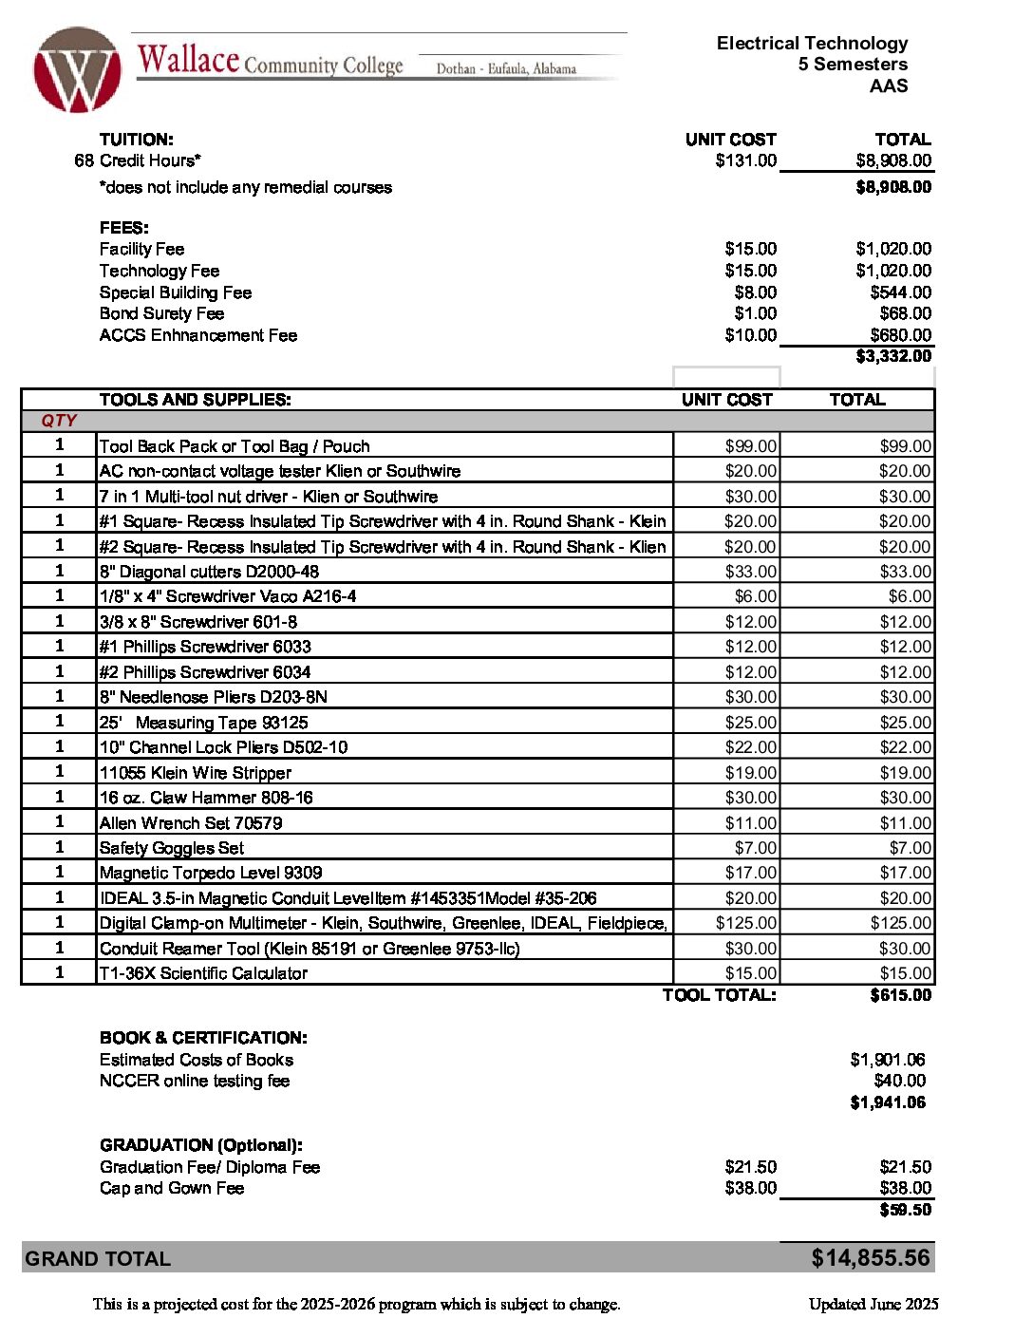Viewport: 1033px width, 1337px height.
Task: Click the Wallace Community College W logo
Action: pyautogui.click(x=77, y=70)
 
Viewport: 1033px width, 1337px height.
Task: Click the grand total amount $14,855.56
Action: pyautogui.click(x=870, y=1258)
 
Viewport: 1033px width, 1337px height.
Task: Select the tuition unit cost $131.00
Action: pyautogui.click(x=745, y=160)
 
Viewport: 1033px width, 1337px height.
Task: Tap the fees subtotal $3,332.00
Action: pyautogui.click(x=893, y=356)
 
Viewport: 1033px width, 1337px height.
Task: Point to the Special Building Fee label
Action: pyautogui.click(x=176, y=292)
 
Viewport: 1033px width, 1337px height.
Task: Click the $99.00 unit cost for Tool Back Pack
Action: pyautogui.click(x=750, y=446)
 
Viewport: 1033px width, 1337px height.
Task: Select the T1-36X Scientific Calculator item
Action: pyautogui.click(x=203, y=973)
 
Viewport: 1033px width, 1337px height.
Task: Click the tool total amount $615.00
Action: pyautogui.click(x=900, y=995)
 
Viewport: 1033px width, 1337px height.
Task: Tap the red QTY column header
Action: pyautogui.click(x=59, y=421)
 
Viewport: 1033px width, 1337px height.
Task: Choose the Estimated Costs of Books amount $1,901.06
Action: pyautogui.click(x=887, y=1060)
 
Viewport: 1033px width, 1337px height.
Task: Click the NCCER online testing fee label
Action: pyautogui.click(x=195, y=1081)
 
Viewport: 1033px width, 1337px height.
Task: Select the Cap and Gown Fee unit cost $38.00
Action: pyautogui.click(x=750, y=1188)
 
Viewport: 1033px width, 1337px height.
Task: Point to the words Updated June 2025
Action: pyautogui.click(x=873, y=1304)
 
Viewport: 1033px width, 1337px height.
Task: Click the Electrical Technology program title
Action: pyautogui.click(x=812, y=44)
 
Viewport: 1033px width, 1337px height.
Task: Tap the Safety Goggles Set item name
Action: pyautogui.click(x=172, y=848)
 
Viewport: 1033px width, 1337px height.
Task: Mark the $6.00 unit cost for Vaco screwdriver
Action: pyautogui.click(x=756, y=596)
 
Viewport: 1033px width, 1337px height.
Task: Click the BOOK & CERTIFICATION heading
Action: pyautogui.click(x=203, y=1038)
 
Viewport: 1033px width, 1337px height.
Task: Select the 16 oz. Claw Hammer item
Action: pyautogui.click(x=206, y=798)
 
